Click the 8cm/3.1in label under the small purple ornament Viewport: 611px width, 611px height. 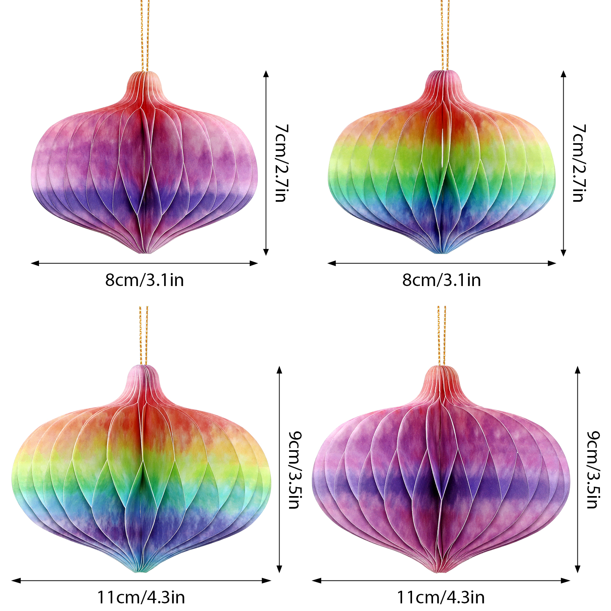point(144,280)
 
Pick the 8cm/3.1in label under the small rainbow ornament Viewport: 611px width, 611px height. point(441,280)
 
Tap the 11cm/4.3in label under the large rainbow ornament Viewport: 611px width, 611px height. point(141,597)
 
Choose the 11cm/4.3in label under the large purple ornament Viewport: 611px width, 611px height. point(441,597)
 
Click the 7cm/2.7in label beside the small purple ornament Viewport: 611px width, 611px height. point(281,163)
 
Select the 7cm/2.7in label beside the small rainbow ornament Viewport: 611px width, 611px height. point(579,163)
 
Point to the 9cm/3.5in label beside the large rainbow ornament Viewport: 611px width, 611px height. point(295,470)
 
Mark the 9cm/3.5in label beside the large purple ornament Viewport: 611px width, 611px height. point(593,470)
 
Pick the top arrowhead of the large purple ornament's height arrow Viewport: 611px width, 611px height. point(578,369)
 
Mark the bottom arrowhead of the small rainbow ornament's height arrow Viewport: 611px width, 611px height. point(563,253)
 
